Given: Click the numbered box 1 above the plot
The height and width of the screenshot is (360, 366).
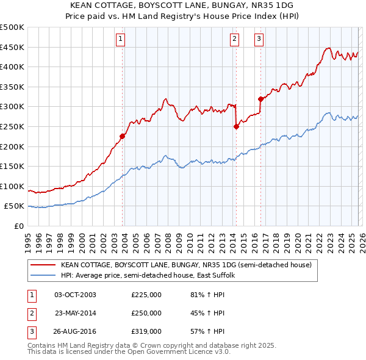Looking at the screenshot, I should click(x=121, y=39).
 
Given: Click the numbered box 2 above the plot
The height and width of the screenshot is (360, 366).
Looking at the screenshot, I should click(x=235, y=39).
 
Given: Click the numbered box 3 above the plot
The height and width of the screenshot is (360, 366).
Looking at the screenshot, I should click(x=259, y=39).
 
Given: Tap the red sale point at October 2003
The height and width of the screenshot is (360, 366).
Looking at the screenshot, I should click(x=123, y=137).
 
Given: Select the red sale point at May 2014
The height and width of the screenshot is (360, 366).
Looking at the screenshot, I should click(x=237, y=127).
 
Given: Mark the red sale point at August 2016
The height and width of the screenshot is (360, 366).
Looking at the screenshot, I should click(x=260, y=99).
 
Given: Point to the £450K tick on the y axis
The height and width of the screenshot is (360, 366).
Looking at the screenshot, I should click(x=13, y=47).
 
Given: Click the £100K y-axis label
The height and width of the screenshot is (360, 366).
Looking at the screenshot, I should click(x=13, y=186).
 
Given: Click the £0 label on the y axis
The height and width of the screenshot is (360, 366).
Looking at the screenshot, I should click(x=19, y=226).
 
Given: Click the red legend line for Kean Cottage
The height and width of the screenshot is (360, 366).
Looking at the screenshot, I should click(x=43, y=265).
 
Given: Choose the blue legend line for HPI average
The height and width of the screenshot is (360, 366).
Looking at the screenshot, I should click(x=43, y=275).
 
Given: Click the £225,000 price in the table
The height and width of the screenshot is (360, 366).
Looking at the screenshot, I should click(x=146, y=295).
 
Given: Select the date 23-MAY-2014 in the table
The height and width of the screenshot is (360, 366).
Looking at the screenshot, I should click(x=76, y=313).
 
